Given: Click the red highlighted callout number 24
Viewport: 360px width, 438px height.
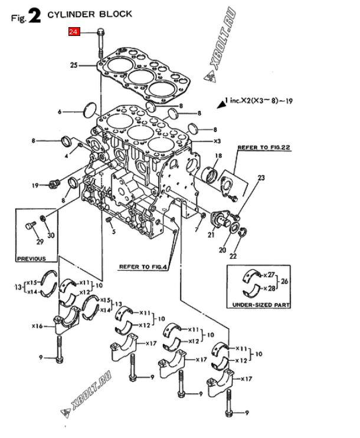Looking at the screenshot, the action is (74, 32).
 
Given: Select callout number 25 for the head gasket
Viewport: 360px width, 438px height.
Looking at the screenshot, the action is (74, 65).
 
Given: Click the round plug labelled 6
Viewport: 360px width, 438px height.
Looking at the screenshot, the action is (90, 111).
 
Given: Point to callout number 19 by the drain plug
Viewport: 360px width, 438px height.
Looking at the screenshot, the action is (35, 185).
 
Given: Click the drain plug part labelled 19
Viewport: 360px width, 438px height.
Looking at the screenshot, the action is (54, 184).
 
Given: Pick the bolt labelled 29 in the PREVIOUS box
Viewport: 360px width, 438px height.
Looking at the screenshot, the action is (31, 225).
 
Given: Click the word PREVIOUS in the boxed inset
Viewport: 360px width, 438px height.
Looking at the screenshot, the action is (31, 259).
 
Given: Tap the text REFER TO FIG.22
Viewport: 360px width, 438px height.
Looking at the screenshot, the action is (264, 147).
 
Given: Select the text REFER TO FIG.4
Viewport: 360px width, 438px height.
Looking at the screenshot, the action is (143, 267).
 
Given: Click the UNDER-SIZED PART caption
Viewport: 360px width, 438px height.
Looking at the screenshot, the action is (261, 305).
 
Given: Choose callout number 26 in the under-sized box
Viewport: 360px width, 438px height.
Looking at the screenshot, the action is (284, 281).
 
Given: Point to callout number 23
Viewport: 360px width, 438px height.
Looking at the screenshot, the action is (261, 177).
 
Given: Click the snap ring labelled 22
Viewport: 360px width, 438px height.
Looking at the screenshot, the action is (244, 232).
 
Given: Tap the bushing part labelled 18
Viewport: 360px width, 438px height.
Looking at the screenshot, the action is (210, 174).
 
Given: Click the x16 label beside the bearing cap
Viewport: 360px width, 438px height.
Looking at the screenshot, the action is (37, 326).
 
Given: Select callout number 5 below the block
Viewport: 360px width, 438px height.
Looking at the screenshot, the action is (113, 232).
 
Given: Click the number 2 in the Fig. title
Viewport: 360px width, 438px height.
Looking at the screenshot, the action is (34, 17).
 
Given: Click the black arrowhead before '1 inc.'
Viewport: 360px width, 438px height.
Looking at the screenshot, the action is (222, 104).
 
